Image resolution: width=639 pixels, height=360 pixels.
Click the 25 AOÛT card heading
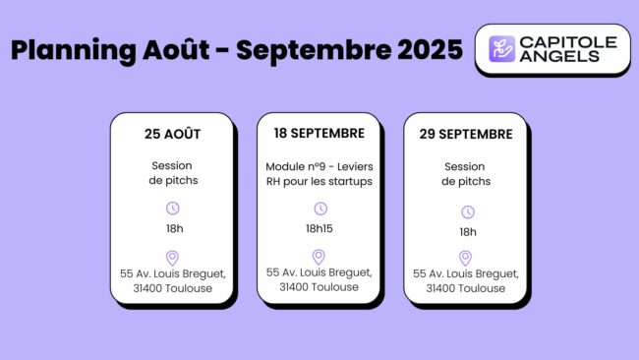[x=172, y=134]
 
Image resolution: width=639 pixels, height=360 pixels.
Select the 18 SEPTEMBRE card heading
[x=319, y=133]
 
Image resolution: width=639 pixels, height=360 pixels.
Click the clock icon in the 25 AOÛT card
[x=172, y=209]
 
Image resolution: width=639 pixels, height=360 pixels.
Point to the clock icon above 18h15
[x=319, y=209]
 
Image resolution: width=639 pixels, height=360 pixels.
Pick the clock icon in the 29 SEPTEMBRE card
[x=468, y=211]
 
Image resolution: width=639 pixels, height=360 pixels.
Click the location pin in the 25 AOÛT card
[x=172, y=258]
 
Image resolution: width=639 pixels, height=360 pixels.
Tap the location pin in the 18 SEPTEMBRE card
[x=319, y=257]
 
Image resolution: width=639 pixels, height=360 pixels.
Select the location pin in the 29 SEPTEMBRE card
[x=468, y=258]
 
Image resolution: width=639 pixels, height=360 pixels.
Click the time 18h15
[x=319, y=228]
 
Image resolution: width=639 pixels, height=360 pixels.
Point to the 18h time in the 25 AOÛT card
[x=172, y=228]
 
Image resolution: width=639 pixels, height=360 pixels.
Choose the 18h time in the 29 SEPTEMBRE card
[x=468, y=231]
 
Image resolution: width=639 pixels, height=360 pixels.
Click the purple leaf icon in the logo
[x=502, y=49]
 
